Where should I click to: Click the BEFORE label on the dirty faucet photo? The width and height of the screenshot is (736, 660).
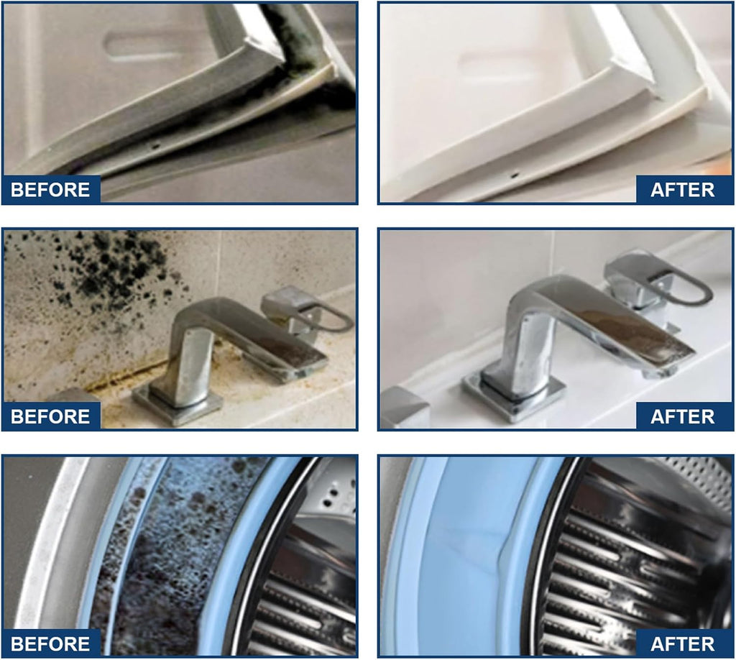click(x=50, y=416)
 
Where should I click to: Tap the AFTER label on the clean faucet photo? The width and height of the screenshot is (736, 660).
click(x=683, y=416)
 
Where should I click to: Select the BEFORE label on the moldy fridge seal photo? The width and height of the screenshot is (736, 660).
click(x=50, y=190)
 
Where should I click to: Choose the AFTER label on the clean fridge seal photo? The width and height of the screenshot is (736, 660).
click(x=683, y=190)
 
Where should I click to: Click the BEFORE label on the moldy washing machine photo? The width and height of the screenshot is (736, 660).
click(x=50, y=643)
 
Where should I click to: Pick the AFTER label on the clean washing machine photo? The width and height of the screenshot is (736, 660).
click(x=683, y=643)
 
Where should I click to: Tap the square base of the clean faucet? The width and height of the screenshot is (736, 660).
click(x=514, y=393)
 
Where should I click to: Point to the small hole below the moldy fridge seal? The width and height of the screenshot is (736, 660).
click(x=155, y=146)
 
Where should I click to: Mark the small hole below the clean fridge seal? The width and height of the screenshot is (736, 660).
click(x=515, y=175)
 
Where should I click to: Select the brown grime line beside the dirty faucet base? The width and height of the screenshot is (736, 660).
click(x=126, y=375)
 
